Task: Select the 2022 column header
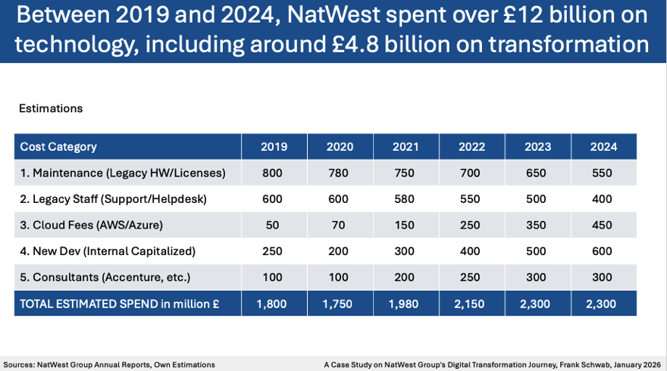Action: point(472,147)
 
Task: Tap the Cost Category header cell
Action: point(58,147)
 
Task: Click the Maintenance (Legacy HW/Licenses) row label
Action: point(123,173)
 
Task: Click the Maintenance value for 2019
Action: point(272,173)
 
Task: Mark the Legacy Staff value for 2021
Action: point(405,199)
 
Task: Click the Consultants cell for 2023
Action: point(537,277)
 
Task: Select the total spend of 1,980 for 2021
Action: point(405,303)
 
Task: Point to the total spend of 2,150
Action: point(472,303)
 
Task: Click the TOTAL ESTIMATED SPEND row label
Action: point(120,303)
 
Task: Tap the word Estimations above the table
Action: point(51,108)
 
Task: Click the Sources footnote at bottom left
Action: point(109,364)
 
